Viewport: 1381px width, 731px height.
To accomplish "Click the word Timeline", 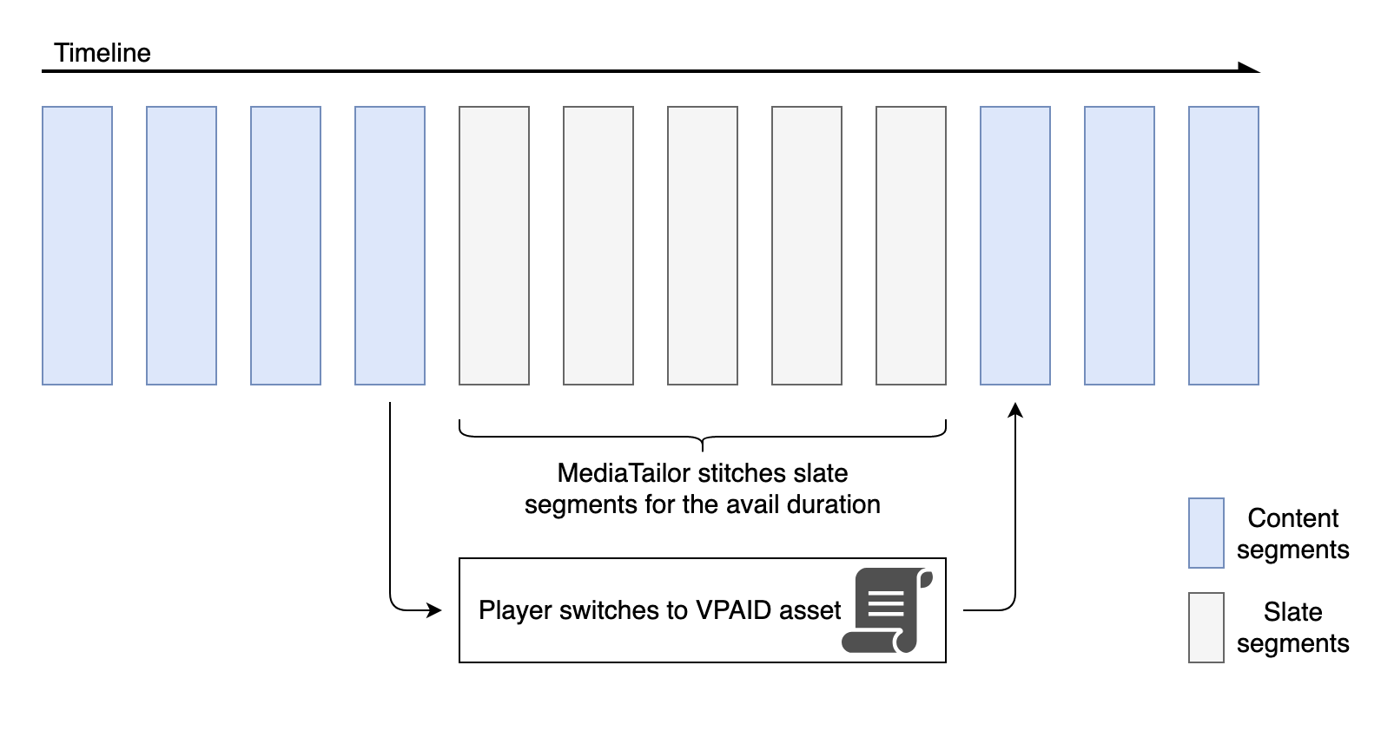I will pos(102,53).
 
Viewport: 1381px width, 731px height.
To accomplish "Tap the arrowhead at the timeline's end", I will pos(1251,69).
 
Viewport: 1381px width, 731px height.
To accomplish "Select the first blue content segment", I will pos(77,246).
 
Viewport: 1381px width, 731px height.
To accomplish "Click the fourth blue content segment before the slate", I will pos(390,246).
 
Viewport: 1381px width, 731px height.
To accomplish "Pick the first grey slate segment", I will pos(494,246).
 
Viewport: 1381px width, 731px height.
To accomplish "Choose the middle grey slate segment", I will pos(703,246).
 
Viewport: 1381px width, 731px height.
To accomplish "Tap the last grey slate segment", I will pos(911,246).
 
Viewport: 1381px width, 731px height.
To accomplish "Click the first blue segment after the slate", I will pos(1015,246).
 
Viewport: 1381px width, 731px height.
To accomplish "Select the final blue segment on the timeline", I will pos(1224,246).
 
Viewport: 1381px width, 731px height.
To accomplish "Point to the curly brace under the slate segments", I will pos(702,435).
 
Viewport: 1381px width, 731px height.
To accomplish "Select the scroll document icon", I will pos(886,610).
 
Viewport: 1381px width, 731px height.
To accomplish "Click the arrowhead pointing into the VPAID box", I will pos(435,610).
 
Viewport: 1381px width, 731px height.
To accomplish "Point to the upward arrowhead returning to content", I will pos(1015,410).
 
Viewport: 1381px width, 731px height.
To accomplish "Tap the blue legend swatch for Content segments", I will pos(1206,533).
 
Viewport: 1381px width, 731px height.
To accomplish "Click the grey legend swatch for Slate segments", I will pos(1206,628).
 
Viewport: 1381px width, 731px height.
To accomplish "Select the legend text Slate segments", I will pos(1292,628).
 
